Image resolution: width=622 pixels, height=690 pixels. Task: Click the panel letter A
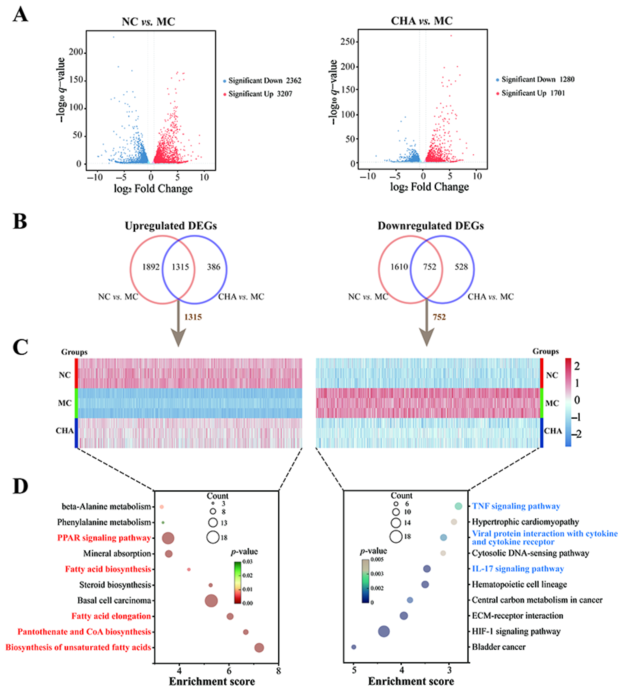pyautogui.click(x=20, y=15)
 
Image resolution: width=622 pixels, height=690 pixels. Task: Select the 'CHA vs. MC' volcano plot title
pyautogui.click(x=421, y=21)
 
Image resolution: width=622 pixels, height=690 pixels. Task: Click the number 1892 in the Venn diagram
pyautogui.click(x=151, y=267)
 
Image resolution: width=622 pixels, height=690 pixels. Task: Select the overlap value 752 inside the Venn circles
pyautogui.click(x=429, y=267)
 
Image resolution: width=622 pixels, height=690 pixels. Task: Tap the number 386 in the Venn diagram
pyautogui.click(x=213, y=267)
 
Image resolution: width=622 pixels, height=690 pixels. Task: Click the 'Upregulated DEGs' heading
pyautogui.click(x=171, y=226)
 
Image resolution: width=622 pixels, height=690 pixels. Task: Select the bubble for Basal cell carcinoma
pyautogui.click(x=211, y=601)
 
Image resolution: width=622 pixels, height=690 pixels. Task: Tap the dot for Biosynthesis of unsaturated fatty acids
pyautogui.click(x=259, y=647)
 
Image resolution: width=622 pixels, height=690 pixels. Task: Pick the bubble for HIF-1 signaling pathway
pyautogui.click(x=384, y=631)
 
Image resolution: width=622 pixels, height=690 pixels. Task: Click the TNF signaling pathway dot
pyautogui.click(x=458, y=506)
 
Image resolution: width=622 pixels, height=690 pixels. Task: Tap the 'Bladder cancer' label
pyautogui.click(x=498, y=647)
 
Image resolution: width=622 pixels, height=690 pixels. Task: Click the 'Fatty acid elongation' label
pyautogui.click(x=111, y=616)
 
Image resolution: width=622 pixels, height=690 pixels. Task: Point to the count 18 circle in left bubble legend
pyautogui.click(x=213, y=537)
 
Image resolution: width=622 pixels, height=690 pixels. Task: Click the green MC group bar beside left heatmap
pyautogui.click(x=76, y=403)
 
